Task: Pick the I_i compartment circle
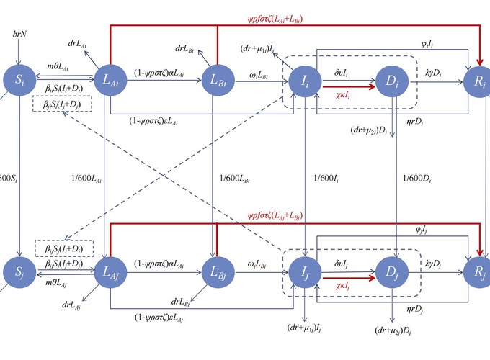[306, 81]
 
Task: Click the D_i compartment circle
[392, 81]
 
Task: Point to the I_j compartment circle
[306, 274]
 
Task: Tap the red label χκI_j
[348, 286]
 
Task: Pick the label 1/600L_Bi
[233, 177]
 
